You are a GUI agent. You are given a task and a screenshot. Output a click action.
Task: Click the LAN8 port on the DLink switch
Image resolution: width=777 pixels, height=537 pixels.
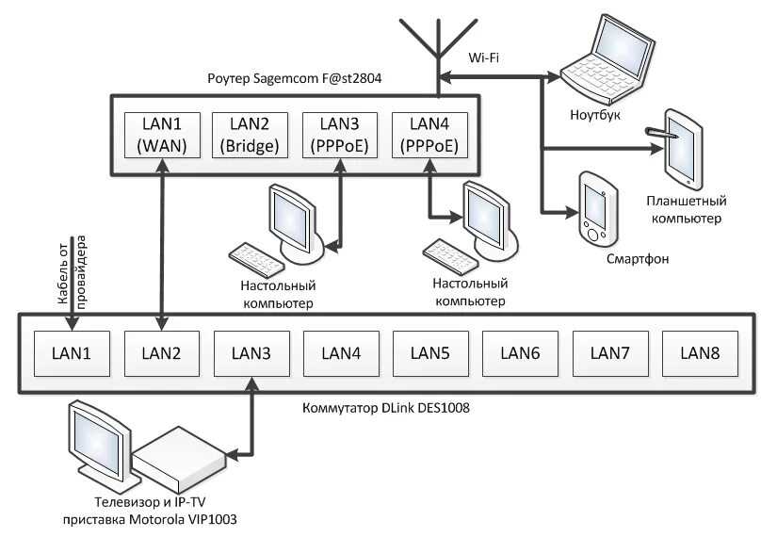pos(699,353)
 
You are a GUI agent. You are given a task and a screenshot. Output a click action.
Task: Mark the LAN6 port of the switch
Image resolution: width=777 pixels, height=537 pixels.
pos(519,353)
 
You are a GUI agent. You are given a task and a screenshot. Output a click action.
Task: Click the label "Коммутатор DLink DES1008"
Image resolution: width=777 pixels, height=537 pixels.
pos(385,409)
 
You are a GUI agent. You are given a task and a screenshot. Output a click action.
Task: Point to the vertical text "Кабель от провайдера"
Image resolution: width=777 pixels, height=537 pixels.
pos(73,273)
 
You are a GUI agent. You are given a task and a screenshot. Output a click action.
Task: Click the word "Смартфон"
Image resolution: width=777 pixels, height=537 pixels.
pos(638,259)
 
